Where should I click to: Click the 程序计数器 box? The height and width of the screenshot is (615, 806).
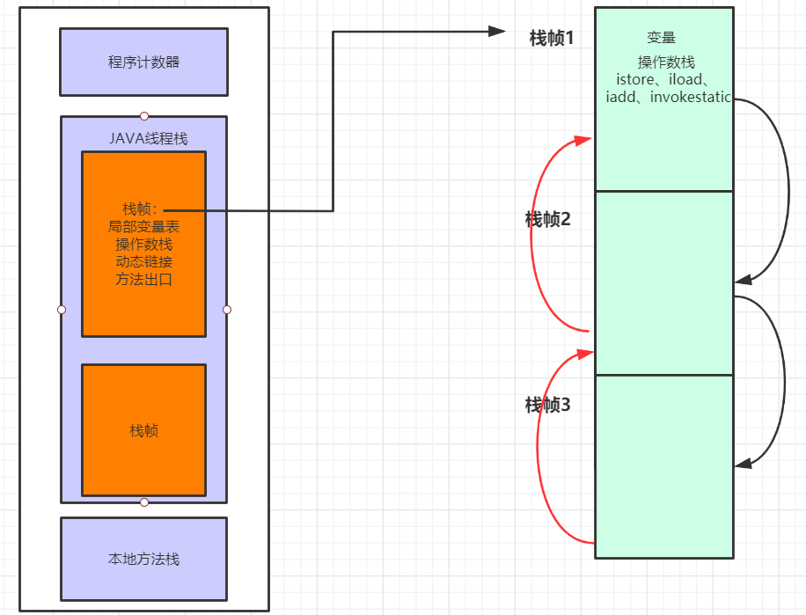143,62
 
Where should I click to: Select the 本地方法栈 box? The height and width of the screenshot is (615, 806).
143,559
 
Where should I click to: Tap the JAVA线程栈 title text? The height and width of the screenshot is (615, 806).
148,138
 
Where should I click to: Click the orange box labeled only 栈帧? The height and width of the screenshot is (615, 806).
143,430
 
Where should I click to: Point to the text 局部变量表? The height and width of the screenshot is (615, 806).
143,226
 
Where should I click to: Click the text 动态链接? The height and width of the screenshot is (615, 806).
143,262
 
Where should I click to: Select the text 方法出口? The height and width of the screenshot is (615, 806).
143,280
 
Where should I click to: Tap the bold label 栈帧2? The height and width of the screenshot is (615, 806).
547,220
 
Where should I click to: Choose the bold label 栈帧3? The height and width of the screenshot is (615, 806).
547,405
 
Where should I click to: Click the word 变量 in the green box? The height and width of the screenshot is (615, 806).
661,38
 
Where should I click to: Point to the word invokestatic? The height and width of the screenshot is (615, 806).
691,97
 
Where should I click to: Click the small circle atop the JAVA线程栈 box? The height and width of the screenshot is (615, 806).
144,116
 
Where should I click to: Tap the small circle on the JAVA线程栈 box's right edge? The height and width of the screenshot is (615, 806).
227,310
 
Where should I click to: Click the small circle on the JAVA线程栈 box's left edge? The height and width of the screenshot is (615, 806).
61,310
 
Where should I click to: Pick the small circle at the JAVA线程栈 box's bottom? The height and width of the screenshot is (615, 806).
144,502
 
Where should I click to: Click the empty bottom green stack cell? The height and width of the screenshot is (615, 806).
664,466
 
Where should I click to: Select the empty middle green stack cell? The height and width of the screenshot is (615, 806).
664,282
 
